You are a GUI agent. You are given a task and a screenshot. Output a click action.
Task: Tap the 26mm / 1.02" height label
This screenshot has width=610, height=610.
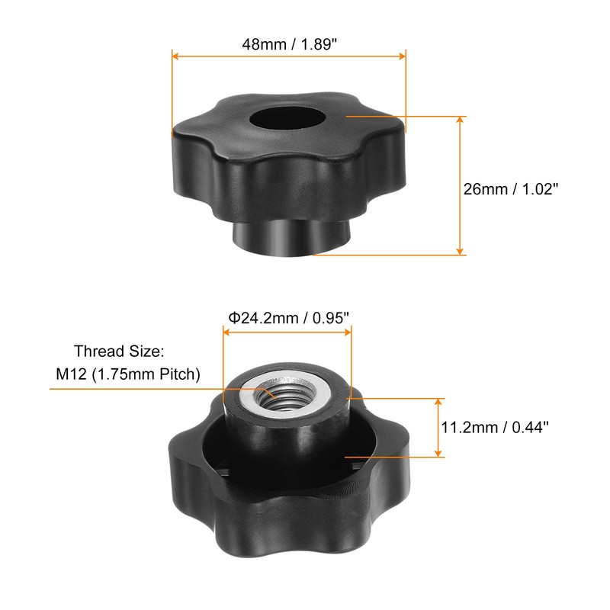(512, 188)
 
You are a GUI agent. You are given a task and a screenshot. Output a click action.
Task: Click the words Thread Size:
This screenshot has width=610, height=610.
(119, 352)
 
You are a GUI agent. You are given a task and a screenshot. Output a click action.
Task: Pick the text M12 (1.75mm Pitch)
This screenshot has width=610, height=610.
(128, 374)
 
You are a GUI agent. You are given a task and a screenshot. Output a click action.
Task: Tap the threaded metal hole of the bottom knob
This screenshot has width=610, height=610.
(285, 396)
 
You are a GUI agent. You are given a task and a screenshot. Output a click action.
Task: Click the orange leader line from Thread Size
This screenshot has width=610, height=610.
(152, 389)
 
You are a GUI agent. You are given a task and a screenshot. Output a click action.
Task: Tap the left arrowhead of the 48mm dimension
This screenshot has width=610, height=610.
(175, 55)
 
